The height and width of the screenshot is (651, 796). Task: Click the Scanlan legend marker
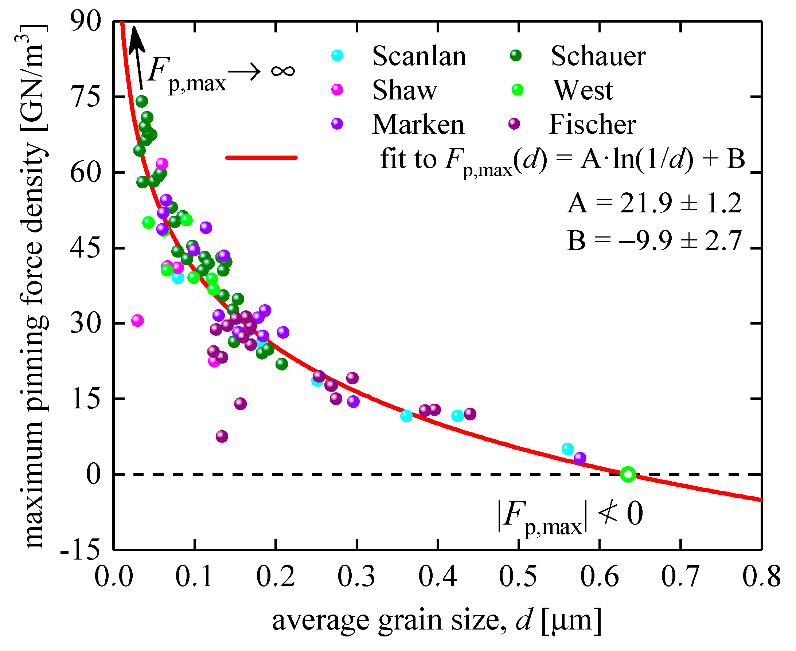(x=337, y=55)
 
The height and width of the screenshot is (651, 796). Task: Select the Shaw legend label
(x=404, y=90)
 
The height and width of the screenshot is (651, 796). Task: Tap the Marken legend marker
(x=337, y=124)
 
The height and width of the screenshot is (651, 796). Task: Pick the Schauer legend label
(x=598, y=56)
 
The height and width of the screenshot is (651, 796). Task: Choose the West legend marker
(x=517, y=90)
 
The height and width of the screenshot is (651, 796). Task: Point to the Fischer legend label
(x=592, y=124)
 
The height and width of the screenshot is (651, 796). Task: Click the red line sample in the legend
(x=261, y=157)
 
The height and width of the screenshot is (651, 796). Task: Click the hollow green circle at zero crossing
(x=628, y=474)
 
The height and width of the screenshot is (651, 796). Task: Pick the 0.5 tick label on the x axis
(x=518, y=577)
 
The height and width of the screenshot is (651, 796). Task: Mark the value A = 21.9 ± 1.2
(x=654, y=203)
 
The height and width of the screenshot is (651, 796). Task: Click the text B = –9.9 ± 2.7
(x=654, y=240)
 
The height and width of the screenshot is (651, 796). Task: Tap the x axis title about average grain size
(x=437, y=621)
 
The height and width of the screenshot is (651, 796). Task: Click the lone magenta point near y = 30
(x=137, y=321)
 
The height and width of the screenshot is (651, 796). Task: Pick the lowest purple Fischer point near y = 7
(x=222, y=436)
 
